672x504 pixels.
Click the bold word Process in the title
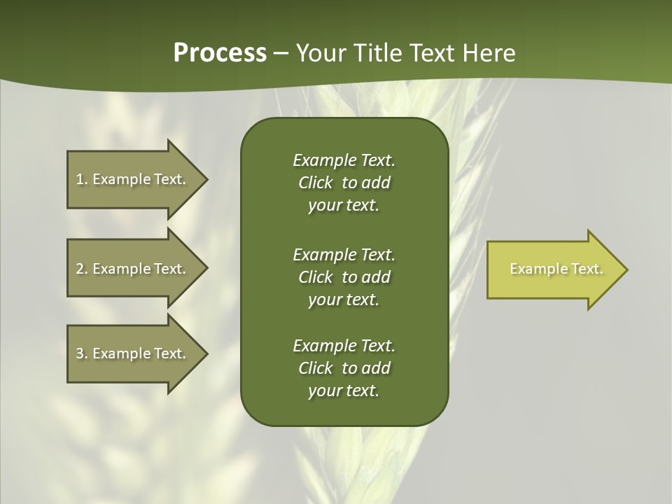tap(220, 53)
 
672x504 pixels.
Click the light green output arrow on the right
tap(553, 269)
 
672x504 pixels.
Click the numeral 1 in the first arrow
tap(80, 179)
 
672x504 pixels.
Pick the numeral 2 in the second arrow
tap(80, 269)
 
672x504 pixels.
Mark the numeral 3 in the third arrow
tap(80, 353)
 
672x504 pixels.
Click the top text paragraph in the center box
tap(344, 183)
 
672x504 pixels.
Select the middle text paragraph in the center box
tap(344, 277)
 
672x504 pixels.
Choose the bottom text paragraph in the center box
tap(344, 368)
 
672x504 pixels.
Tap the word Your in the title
tap(319, 53)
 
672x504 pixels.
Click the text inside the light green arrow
tap(556, 269)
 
